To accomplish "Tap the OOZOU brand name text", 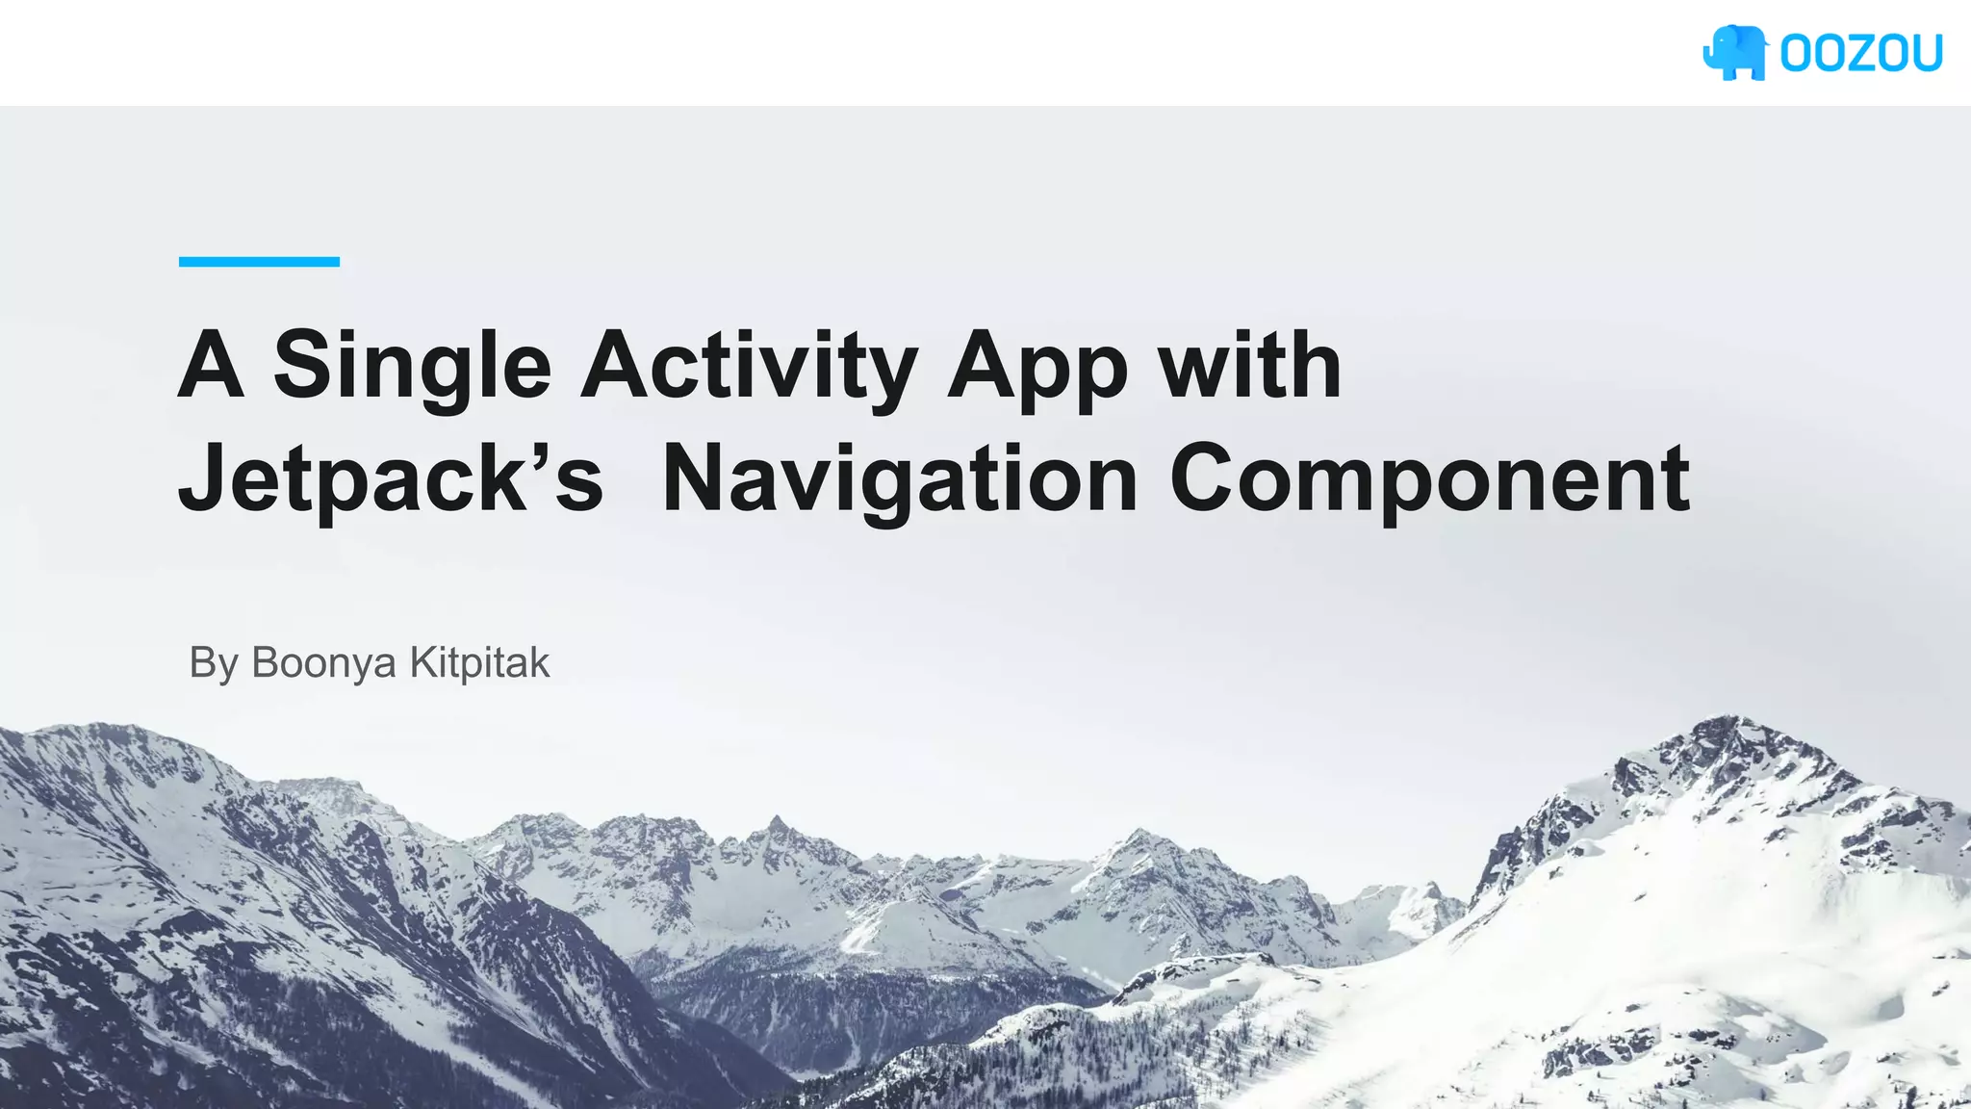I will (1860, 54).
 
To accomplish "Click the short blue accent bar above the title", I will (259, 262).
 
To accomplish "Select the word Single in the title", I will (412, 367).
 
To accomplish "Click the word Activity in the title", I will (749, 367).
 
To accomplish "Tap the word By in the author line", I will (213, 663).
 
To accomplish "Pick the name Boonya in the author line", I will (323, 663).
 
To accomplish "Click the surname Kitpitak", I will (479, 662).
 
